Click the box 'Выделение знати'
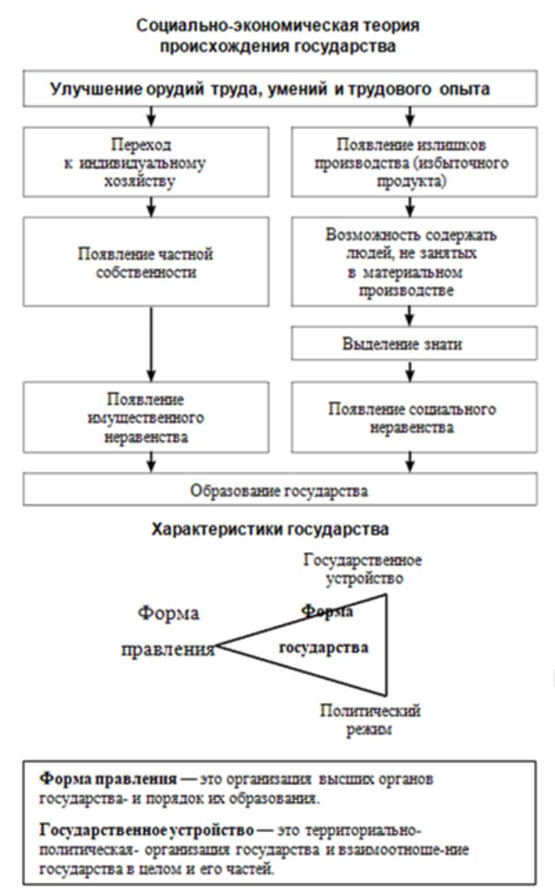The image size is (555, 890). (412, 344)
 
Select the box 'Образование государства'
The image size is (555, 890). (280, 491)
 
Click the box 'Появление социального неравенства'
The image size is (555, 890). (412, 418)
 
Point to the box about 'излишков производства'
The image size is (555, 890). (412, 163)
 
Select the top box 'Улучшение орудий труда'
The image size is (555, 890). (280, 89)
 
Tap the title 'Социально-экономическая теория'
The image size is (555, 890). (277, 27)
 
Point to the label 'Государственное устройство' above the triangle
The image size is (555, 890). (363, 570)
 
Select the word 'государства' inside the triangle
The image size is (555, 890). (324, 647)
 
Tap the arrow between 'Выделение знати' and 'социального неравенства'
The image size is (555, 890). (410, 370)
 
